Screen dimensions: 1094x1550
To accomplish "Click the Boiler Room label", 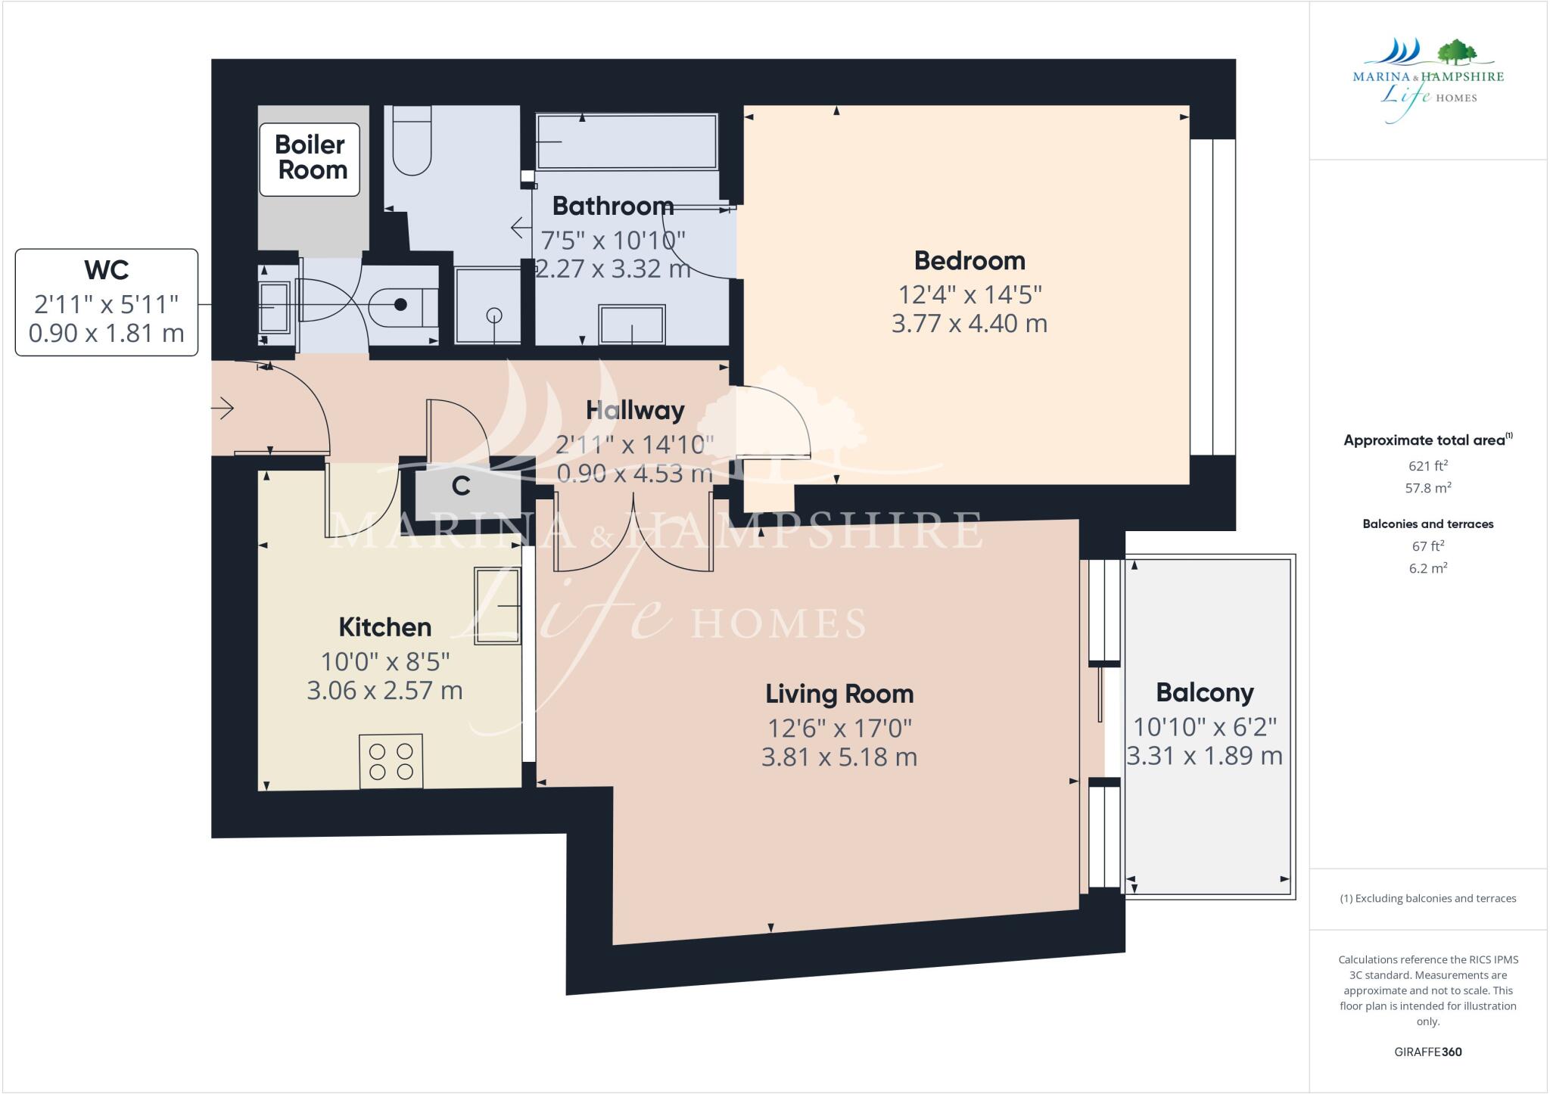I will tap(310, 157).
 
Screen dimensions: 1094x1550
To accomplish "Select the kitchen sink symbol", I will tap(497, 605).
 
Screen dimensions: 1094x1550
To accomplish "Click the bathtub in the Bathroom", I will tap(626, 141).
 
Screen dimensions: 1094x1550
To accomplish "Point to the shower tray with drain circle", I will tap(488, 306).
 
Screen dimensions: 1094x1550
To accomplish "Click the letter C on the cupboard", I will tap(461, 486).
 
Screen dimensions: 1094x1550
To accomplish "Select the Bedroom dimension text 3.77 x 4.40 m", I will tap(969, 324).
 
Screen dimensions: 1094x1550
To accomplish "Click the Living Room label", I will tap(839, 694).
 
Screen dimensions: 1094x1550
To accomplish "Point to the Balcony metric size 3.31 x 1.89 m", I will tap(1204, 756).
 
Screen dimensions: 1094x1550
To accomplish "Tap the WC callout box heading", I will tap(107, 270).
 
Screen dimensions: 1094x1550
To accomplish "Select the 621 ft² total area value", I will tap(1427, 466).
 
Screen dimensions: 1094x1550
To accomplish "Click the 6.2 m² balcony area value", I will tap(1427, 568).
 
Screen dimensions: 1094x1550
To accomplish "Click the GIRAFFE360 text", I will tap(1427, 1052).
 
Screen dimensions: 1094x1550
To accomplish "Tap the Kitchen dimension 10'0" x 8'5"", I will tap(385, 662).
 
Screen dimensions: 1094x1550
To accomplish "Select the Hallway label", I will tap(635, 410).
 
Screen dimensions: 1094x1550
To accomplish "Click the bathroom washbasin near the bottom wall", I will tap(632, 325).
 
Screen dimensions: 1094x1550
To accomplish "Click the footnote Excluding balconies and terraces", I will tap(1427, 899).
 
